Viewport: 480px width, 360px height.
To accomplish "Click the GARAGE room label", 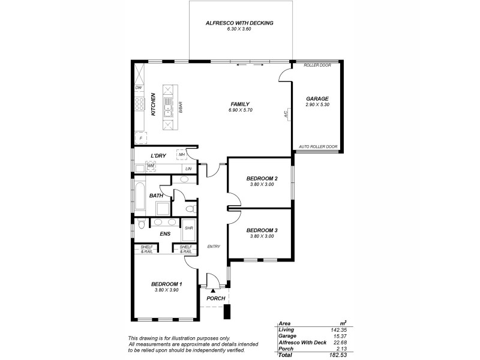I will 317,98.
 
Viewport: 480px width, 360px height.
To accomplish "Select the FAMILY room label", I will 239,104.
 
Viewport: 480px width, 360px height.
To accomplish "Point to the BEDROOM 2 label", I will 262,178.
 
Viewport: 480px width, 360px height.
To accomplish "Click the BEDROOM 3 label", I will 262,230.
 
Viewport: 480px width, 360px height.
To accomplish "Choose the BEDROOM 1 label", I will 166,284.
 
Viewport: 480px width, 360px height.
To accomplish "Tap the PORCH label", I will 215,298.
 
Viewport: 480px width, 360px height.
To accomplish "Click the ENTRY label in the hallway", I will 214,247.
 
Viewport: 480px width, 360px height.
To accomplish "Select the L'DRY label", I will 158,156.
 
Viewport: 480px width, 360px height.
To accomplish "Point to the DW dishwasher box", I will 139,88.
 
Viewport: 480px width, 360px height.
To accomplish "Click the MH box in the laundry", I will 181,155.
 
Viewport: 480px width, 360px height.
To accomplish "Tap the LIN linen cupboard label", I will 188,169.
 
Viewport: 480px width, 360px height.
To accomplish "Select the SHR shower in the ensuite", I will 188,228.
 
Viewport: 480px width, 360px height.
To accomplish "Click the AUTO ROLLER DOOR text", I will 318,146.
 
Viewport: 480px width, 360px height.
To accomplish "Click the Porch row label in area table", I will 286,349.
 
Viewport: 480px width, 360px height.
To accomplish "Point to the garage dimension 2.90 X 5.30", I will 317,105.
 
